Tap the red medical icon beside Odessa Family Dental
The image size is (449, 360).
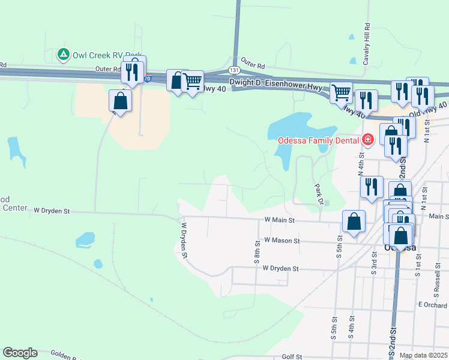point(367,141)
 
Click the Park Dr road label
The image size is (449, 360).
point(319,193)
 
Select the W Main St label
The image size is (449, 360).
point(280,220)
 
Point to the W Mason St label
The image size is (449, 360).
point(282,241)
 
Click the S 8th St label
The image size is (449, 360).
point(258,257)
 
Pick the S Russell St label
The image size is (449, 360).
point(437,278)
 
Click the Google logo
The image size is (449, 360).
point(20,353)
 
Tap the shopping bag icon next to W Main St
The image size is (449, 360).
point(354,221)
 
